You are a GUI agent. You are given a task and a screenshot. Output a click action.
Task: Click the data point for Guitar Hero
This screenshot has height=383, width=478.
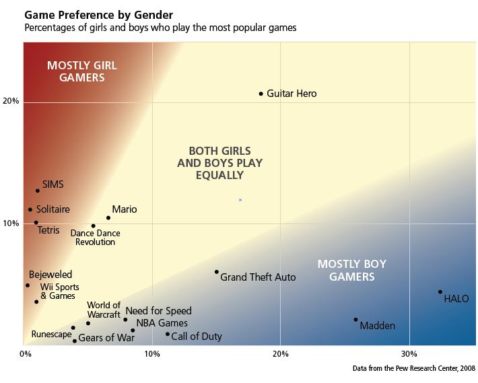point(261,94)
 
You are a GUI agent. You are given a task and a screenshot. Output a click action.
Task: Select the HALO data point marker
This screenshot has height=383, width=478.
point(440,291)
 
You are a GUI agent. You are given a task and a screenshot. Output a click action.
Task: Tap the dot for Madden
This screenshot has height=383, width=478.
point(356,320)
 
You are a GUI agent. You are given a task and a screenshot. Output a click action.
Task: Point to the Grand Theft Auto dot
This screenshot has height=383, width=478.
point(216,272)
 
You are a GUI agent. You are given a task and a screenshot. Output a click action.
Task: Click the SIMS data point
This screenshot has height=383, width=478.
point(38,190)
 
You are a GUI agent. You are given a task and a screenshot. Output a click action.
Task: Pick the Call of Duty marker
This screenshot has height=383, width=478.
point(168,334)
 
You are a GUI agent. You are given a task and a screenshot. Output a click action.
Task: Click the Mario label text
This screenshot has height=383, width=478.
point(124,209)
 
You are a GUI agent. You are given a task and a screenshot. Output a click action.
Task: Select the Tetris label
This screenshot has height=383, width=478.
point(48,230)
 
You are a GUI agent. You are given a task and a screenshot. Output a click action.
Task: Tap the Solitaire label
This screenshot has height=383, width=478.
point(53,209)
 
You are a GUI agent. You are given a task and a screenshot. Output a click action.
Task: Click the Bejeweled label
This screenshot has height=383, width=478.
point(50,275)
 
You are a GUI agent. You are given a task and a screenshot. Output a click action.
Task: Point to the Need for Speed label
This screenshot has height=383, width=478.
point(158,311)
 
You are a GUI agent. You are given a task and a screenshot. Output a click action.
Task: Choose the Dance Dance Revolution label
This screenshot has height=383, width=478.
point(95,238)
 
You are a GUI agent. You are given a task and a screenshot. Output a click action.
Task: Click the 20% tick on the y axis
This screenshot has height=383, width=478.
point(11,102)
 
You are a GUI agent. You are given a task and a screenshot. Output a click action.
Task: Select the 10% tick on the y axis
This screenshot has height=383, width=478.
point(11,223)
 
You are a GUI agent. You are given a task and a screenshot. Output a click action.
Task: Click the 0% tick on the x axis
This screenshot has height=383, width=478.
point(25,353)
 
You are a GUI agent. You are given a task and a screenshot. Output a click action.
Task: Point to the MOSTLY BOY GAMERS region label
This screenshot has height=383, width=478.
point(351,270)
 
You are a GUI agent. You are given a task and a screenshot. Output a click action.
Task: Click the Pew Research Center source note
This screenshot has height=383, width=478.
point(413,369)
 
